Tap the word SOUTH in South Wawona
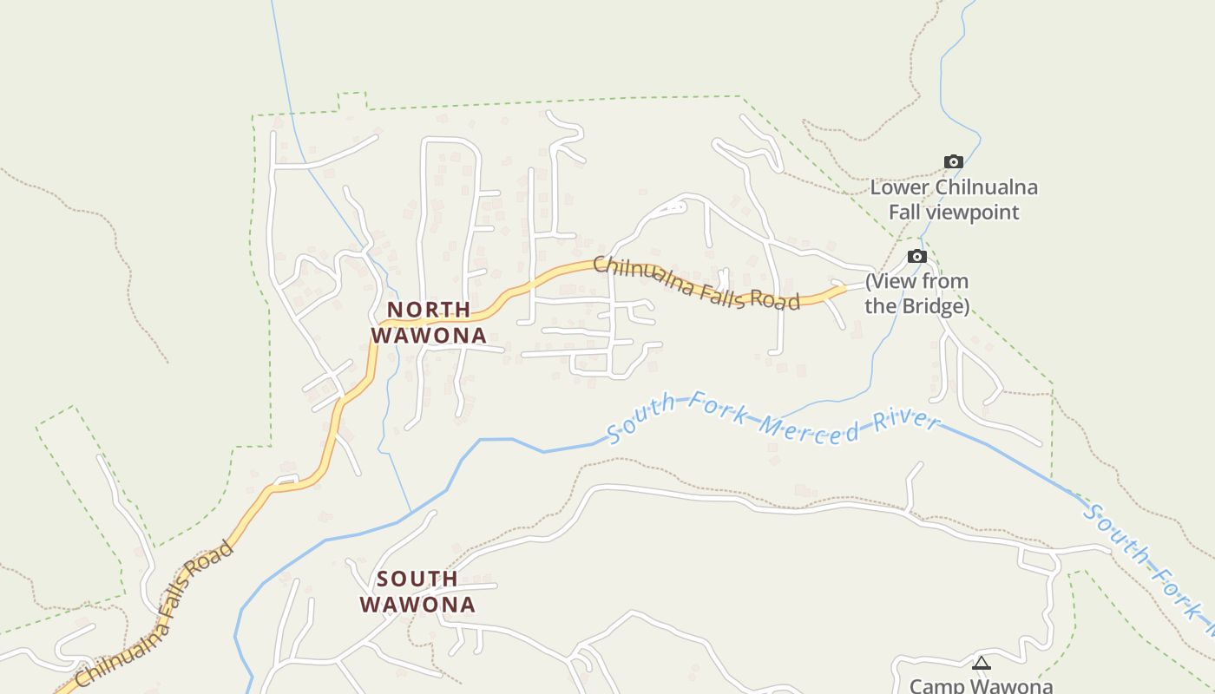click(417, 579)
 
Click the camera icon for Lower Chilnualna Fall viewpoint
click(953, 162)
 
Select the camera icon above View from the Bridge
click(916, 257)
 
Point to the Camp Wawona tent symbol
click(981, 665)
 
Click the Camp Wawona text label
click(981, 685)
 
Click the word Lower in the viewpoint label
click(899, 187)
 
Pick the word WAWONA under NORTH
click(429, 335)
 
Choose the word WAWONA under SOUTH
click(417, 605)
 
